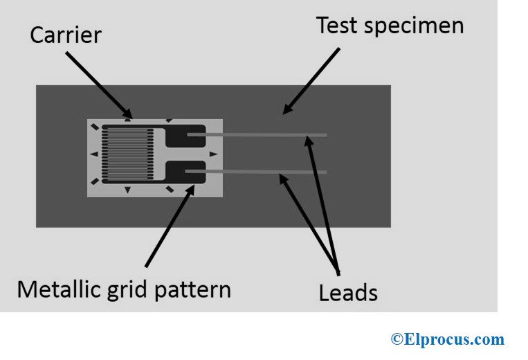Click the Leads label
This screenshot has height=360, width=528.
point(348,292)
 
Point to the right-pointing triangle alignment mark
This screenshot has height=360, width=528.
point(213,154)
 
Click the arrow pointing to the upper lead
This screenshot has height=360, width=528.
point(322,201)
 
